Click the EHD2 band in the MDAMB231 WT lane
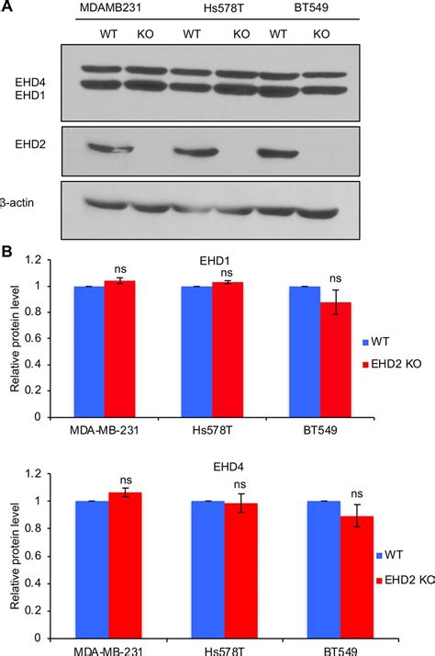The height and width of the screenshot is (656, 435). [x=111, y=148]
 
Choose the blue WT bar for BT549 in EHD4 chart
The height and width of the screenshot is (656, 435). [x=304, y=569]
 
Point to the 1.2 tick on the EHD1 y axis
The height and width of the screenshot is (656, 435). [x=37, y=260]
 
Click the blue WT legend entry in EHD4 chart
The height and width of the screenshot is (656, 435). [x=390, y=556]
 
